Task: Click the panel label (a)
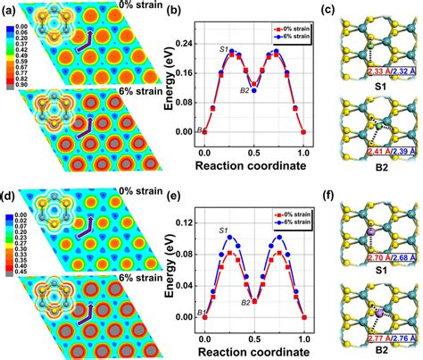pos(10,8)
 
